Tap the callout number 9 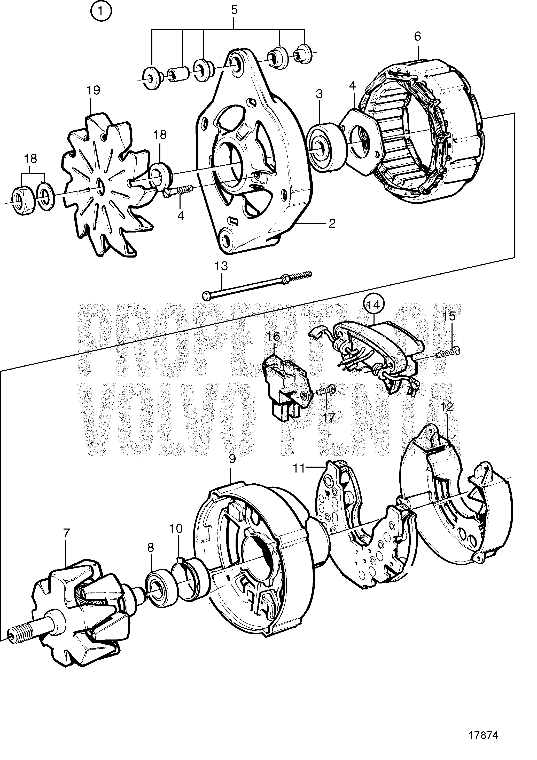point(232,459)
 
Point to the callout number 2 point(332,223)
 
